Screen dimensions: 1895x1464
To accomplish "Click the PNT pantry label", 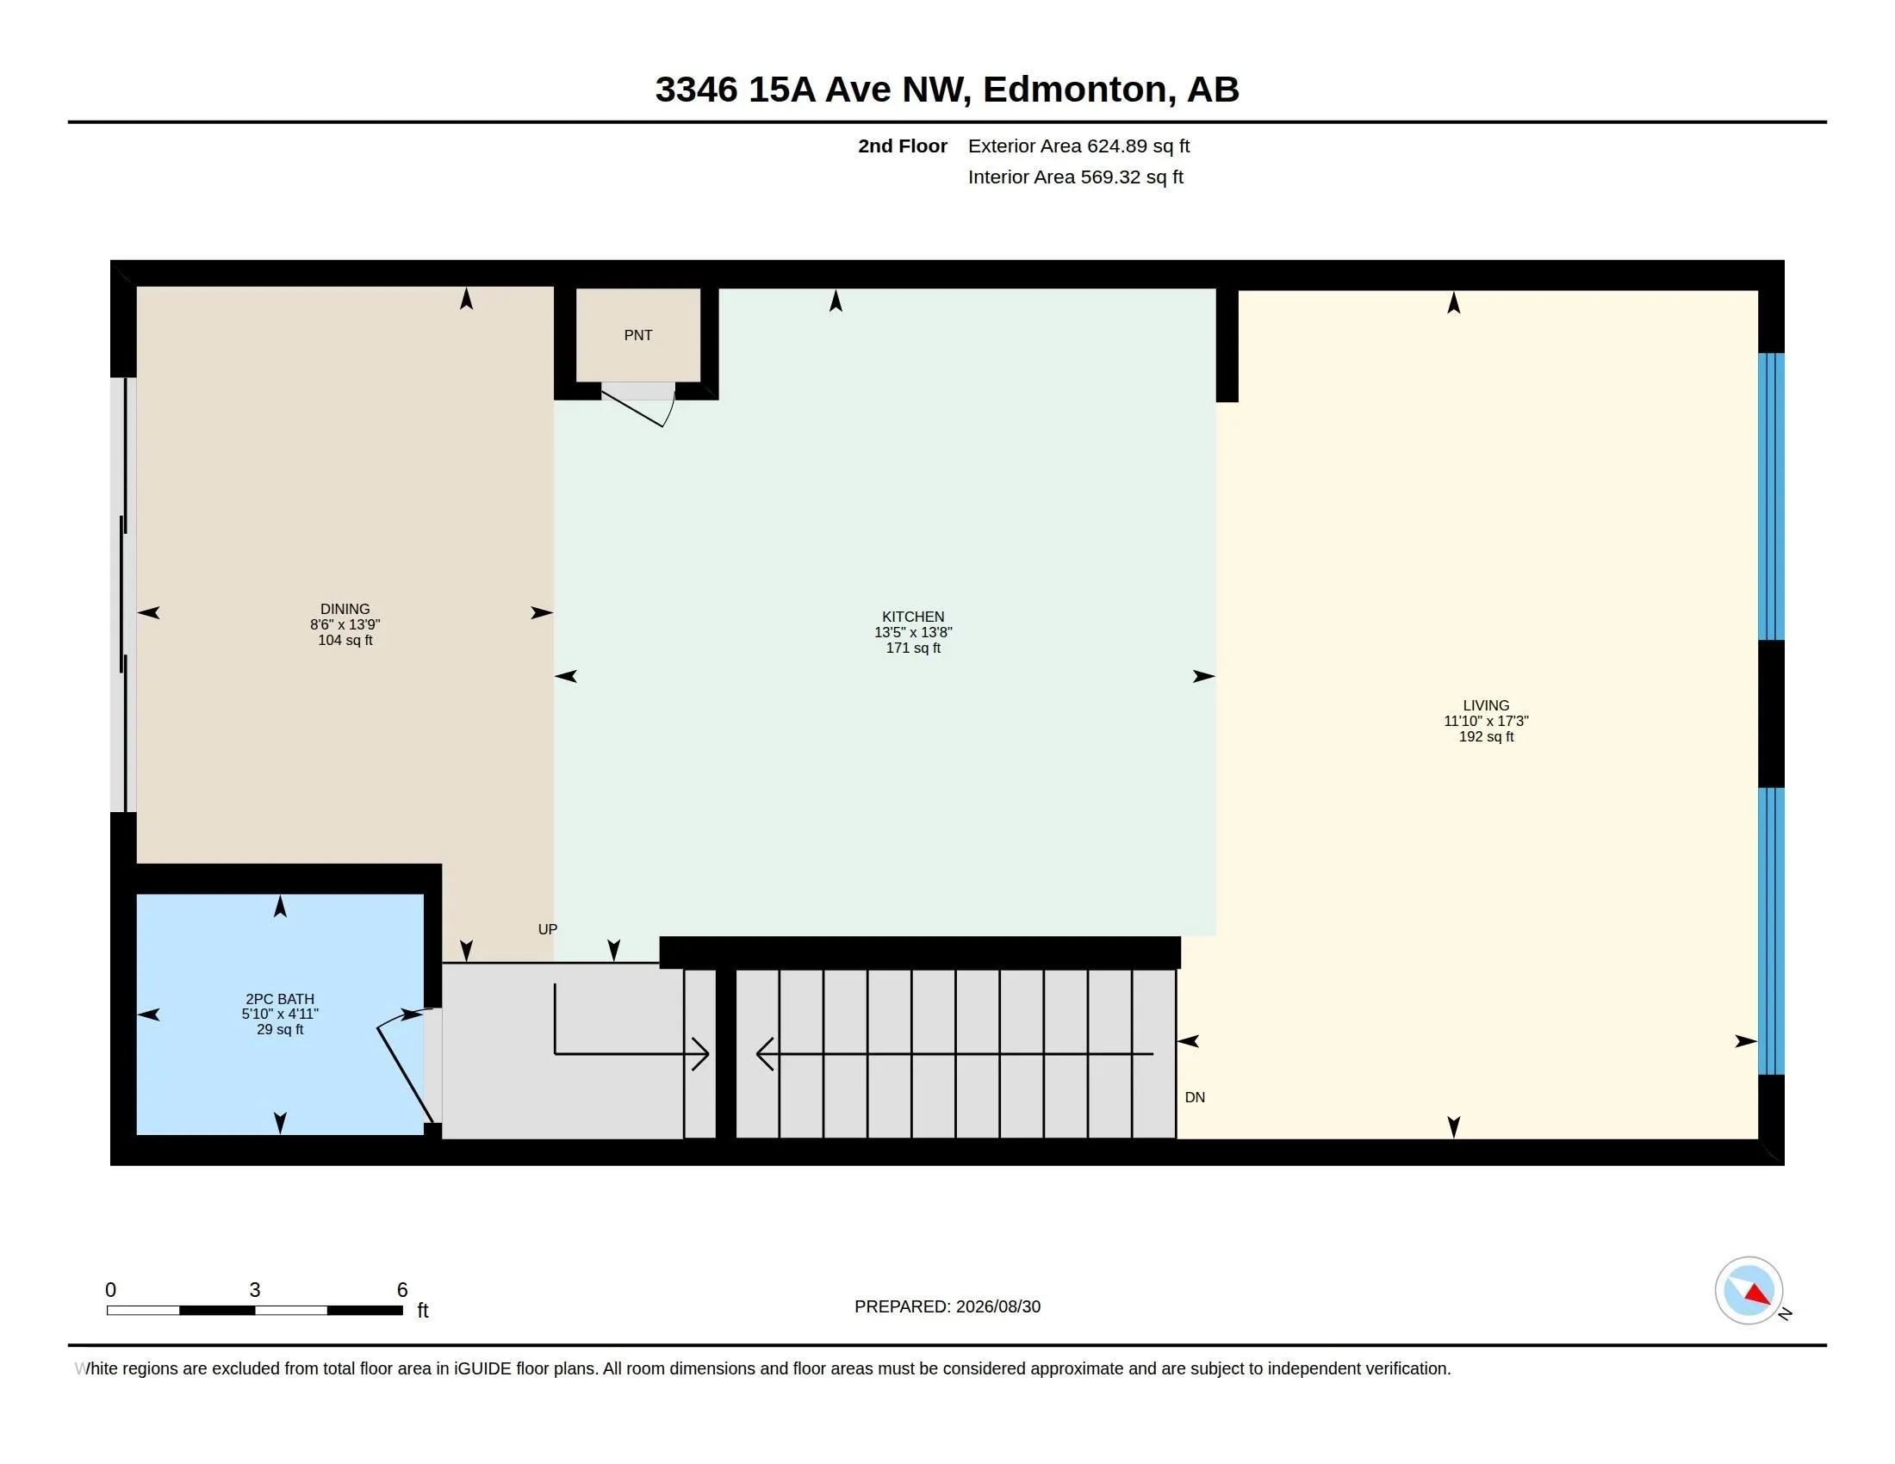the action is click(637, 335).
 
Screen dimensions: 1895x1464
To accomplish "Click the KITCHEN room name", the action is click(913, 617).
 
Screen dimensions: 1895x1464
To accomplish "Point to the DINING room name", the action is click(345, 609).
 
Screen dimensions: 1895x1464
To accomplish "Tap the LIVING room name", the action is click(1486, 705).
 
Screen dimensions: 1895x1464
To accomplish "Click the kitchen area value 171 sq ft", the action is click(913, 648).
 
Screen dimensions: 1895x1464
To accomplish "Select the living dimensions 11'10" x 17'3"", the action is click(1486, 721).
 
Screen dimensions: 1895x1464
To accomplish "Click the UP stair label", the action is click(548, 929).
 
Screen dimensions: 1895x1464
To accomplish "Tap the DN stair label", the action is click(1195, 1097).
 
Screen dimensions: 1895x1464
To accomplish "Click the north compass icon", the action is click(1749, 1291).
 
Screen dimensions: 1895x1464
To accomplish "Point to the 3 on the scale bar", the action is click(254, 1290).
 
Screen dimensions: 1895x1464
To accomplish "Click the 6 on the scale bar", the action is click(401, 1290).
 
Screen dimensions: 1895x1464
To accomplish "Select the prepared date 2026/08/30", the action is click(997, 1306).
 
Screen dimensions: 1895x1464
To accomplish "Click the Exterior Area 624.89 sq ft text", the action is click(1078, 146).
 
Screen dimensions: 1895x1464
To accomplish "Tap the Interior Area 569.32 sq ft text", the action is click(1075, 177).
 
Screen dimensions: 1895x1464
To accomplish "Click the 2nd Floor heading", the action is click(903, 146).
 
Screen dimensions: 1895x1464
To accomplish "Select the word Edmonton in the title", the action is click(1074, 90).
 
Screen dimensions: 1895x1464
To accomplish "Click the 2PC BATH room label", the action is click(279, 999).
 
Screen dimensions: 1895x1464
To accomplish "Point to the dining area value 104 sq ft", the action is click(345, 640).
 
